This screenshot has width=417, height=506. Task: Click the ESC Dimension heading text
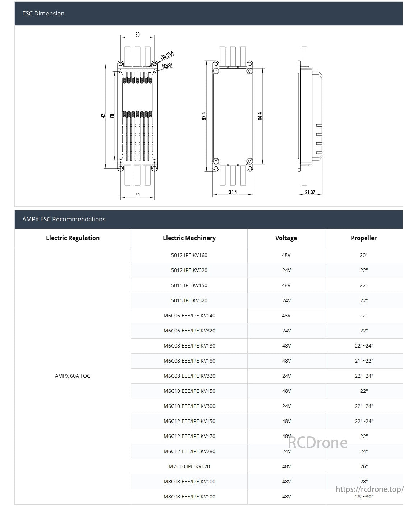click(x=43, y=13)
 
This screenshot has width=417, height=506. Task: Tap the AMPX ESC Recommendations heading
click(x=64, y=219)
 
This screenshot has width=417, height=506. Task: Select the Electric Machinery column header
click(x=189, y=238)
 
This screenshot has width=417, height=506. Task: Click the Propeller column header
click(x=363, y=238)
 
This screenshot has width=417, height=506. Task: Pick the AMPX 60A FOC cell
click(x=73, y=376)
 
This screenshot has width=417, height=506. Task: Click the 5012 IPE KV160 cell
click(x=189, y=255)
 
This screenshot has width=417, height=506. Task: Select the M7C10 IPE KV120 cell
click(x=189, y=466)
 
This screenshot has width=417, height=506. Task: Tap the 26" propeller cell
click(x=364, y=466)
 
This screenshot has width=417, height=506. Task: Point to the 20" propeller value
click(x=364, y=255)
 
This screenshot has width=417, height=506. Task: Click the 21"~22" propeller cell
click(x=364, y=361)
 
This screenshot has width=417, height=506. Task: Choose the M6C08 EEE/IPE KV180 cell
click(x=189, y=361)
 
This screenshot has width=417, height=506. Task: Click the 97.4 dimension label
click(x=204, y=116)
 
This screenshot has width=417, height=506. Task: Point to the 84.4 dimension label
click(x=260, y=116)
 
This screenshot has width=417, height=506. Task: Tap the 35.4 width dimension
click(x=233, y=192)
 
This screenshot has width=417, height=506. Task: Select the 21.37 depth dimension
click(x=310, y=192)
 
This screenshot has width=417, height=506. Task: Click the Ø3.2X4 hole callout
click(x=167, y=55)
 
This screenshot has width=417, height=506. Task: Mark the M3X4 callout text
click(x=168, y=65)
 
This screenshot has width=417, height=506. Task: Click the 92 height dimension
click(x=103, y=116)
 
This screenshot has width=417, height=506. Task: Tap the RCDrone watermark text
click(x=318, y=442)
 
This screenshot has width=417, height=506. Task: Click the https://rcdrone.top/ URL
click(x=370, y=489)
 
